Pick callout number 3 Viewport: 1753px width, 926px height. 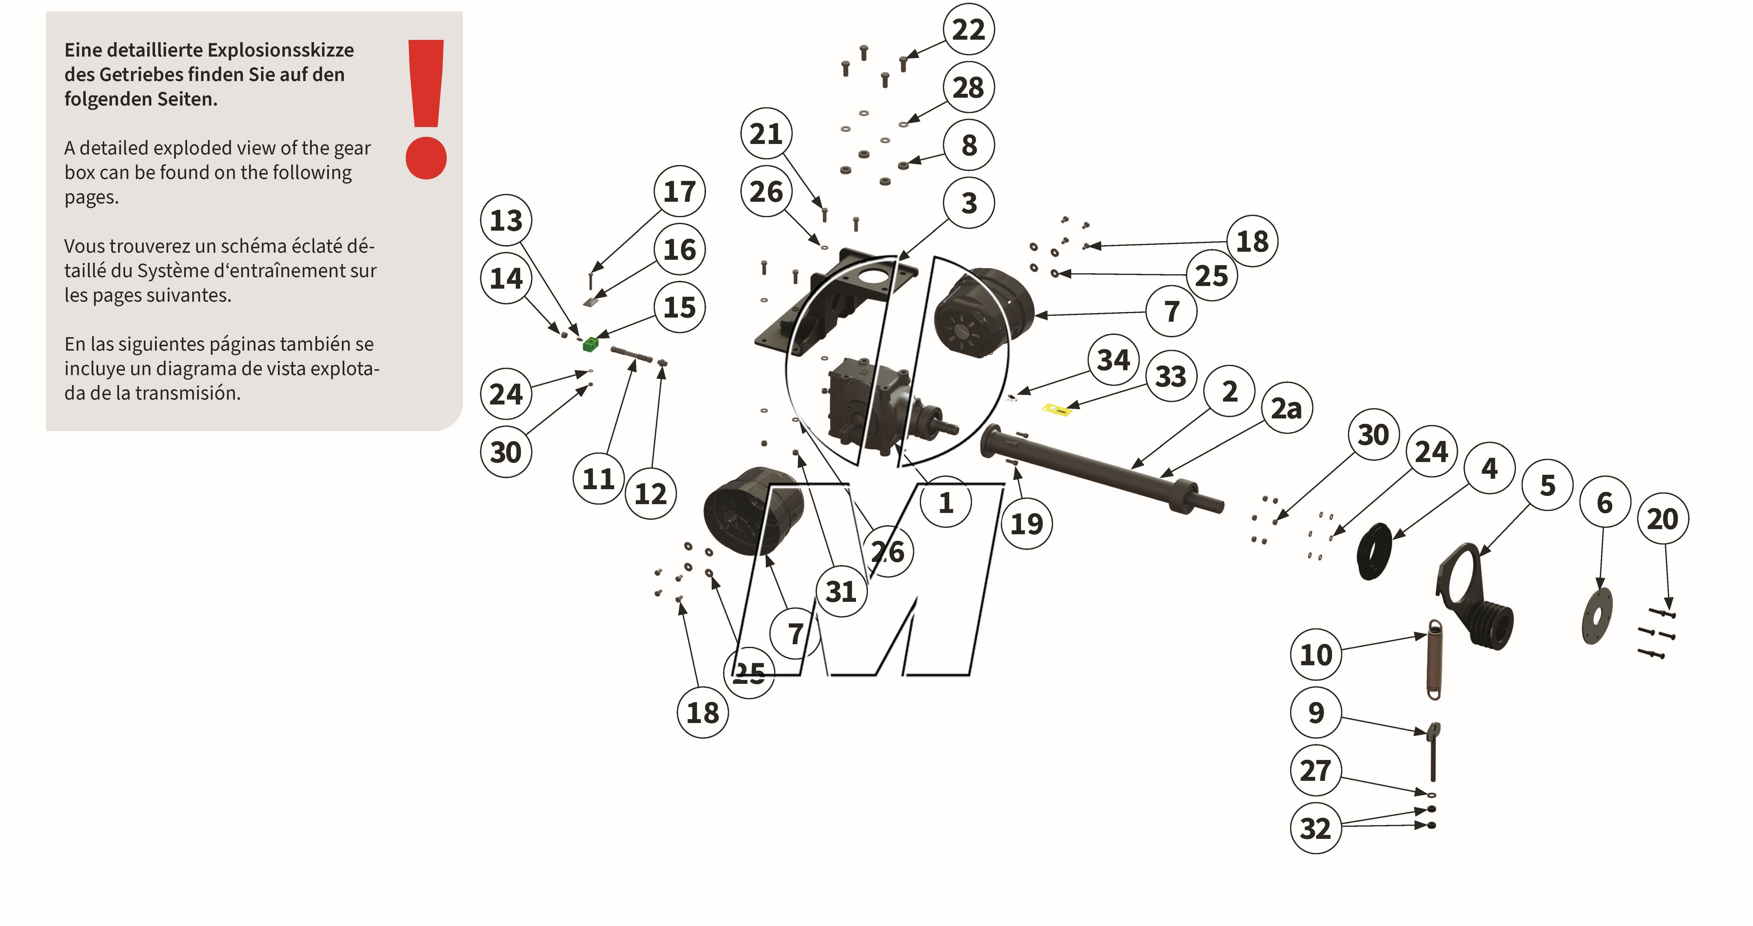point(968,203)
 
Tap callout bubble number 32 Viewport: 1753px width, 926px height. point(1315,828)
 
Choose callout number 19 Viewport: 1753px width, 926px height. point(1026,524)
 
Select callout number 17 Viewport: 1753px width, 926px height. point(679,191)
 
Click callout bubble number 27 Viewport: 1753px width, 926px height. point(1315,770)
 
